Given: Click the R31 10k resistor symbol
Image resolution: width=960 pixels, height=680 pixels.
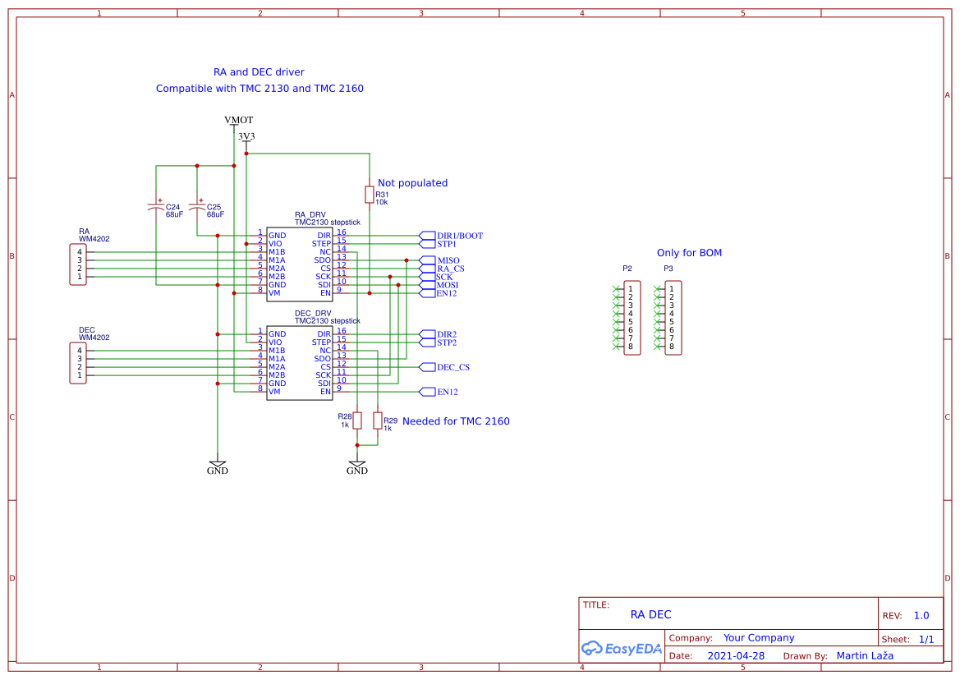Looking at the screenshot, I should coord(370,194).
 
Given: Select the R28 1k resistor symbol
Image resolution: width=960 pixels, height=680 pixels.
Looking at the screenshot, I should coord(357,420).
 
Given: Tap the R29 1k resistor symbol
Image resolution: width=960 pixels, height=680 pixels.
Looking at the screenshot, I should coord(378,420).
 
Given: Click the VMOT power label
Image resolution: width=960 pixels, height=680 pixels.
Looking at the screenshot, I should coord(238,120).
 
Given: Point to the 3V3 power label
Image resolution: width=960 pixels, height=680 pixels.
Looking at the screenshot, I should coord(246,136).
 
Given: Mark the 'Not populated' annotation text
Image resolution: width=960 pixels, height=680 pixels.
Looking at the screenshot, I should coord(412,183).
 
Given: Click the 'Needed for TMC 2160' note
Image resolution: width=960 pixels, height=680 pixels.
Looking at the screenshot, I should coord(456,421).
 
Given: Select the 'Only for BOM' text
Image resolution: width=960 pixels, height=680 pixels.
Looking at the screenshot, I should coord(689,253).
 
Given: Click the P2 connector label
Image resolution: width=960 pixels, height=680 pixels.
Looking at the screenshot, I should coord(627,269).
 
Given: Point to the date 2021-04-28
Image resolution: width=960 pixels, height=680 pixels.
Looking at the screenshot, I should coord(736,656).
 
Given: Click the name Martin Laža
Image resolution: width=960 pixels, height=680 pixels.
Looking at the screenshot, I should coord(864,655).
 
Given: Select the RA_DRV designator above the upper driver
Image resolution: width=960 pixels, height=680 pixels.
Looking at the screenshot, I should coord(310,215).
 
